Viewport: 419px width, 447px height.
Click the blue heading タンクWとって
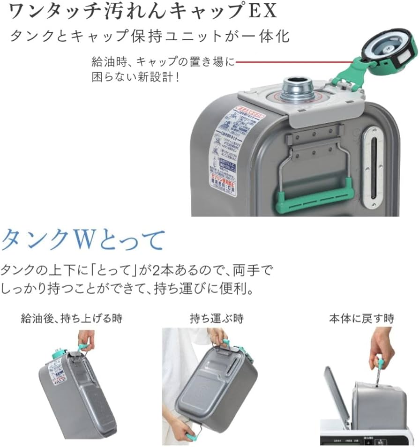83,240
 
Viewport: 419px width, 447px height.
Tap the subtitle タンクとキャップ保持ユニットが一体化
150,36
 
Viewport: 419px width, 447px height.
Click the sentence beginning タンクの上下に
136,270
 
